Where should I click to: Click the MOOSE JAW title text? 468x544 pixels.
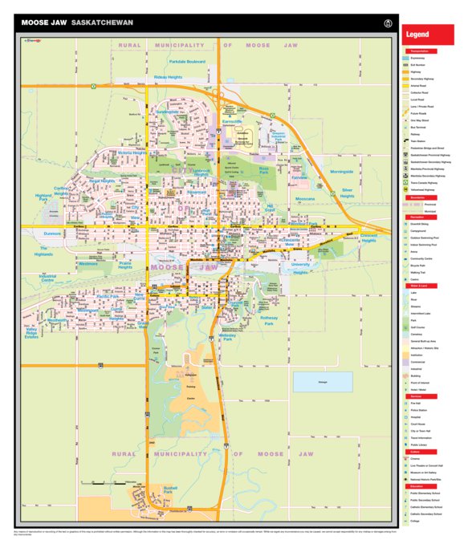45,22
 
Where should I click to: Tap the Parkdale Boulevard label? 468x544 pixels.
188,61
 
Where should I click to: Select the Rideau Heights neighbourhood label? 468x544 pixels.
168,77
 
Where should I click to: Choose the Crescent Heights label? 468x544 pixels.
368,237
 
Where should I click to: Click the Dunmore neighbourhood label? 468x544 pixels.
52,233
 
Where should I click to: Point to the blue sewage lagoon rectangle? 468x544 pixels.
323,382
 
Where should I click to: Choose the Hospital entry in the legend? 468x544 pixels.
418,418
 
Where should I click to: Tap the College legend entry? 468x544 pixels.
417,522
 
